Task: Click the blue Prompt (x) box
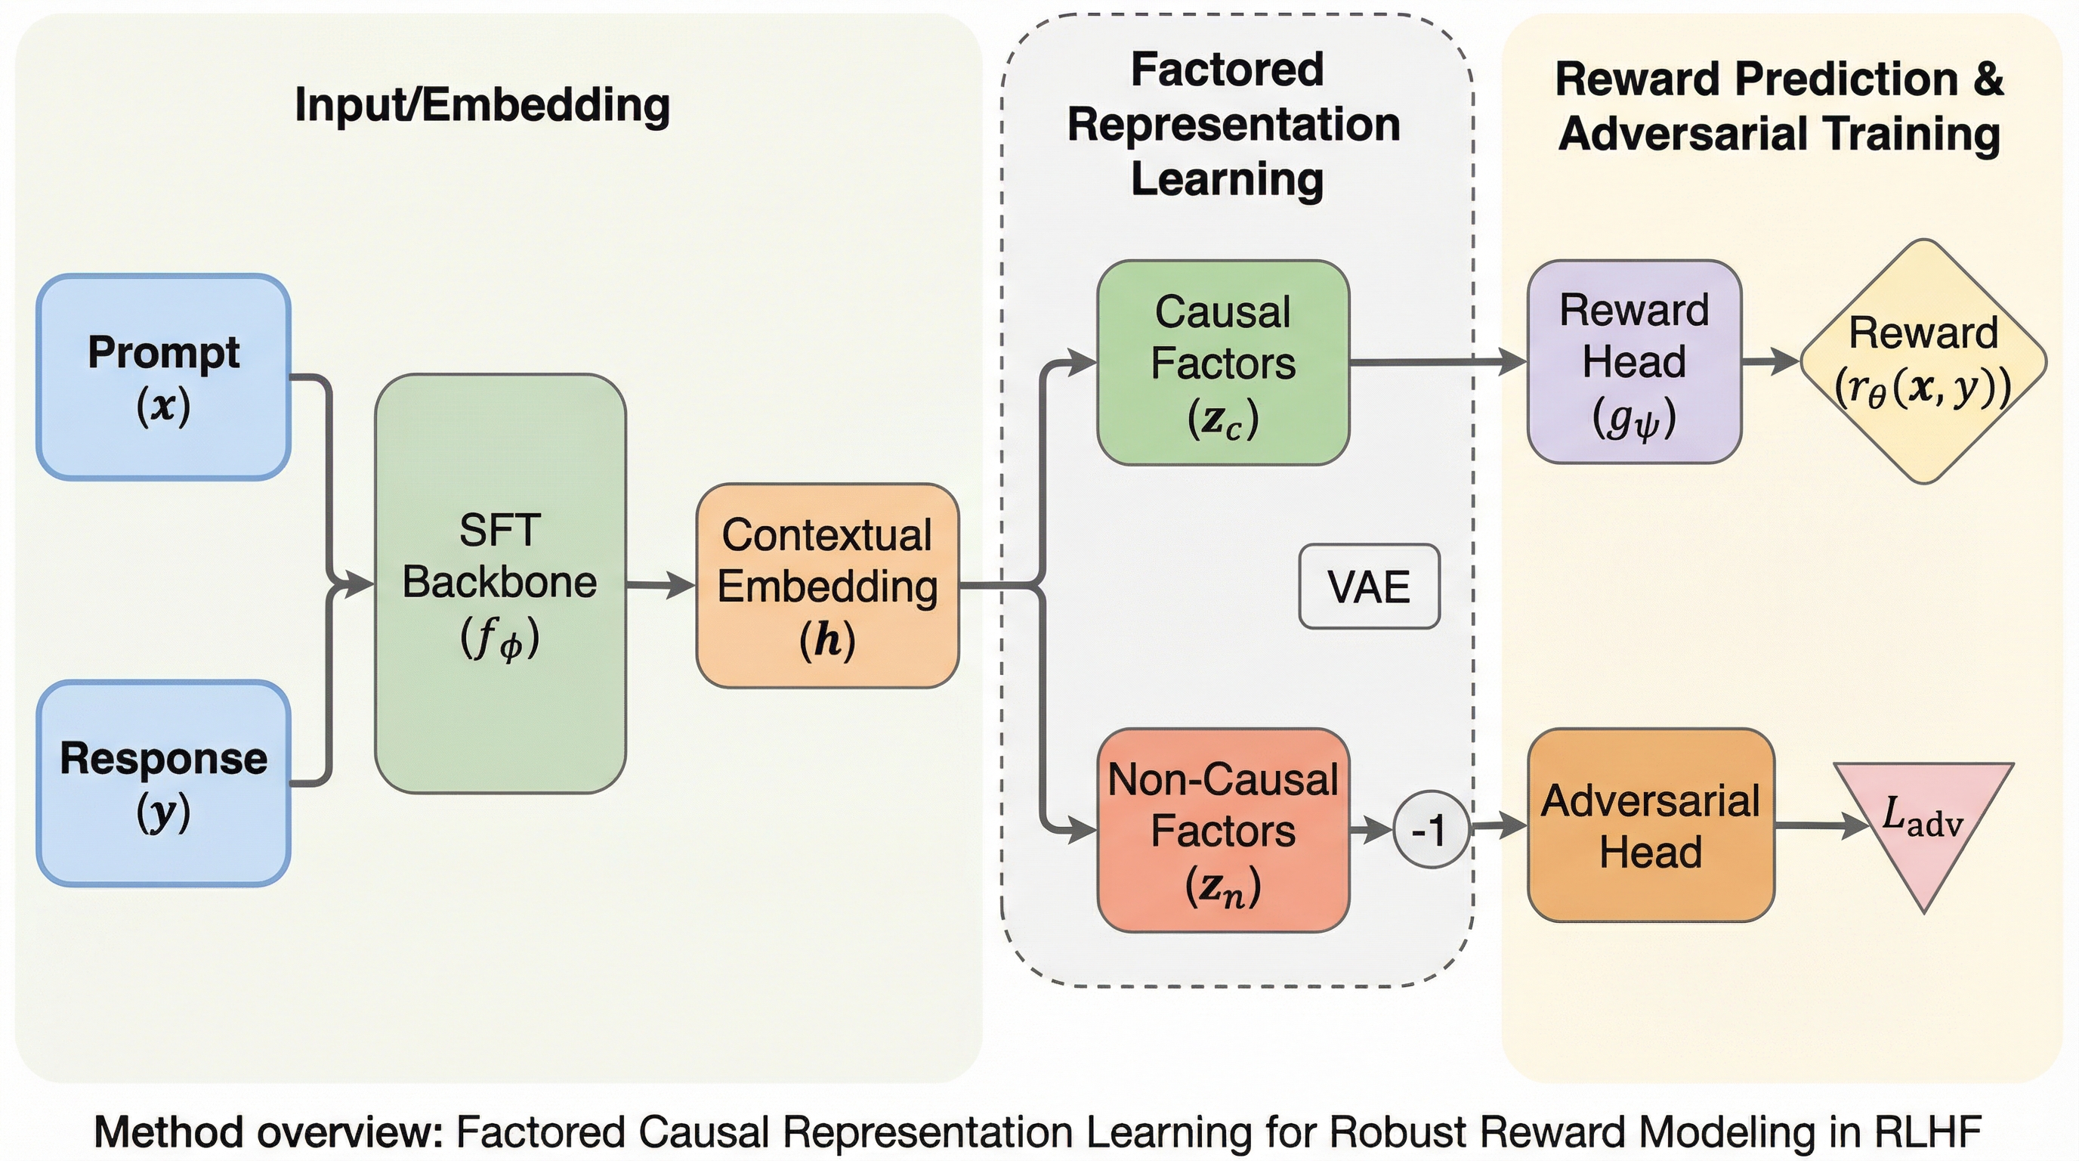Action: click(164, 377)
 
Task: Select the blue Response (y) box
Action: click(164, 783)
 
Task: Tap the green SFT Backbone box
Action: click(500, 583)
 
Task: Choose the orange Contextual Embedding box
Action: click(827, 585)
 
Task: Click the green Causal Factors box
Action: click(1223, 363)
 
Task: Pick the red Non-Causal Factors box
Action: click(1223, 830)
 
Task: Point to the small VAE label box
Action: click(1369, 586)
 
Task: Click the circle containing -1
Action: click(1430, 829)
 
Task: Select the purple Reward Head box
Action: click(1634, 362)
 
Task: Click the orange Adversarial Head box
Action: click(1651, 825)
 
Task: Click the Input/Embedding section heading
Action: click(482, 105)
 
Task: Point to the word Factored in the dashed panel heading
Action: click(1227, 70)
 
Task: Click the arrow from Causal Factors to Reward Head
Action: click(1437, 362)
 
